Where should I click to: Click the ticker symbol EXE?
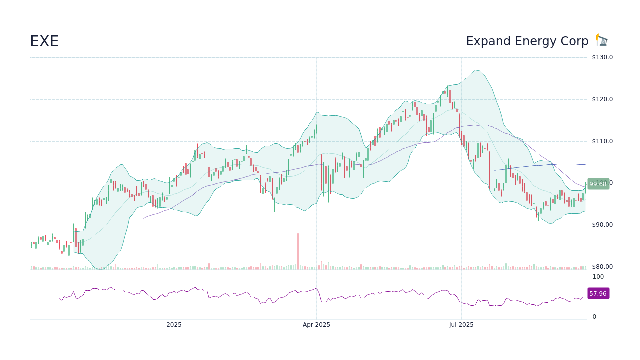pos(44,41)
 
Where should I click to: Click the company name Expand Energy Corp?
pos(527,41)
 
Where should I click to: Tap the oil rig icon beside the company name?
pos(601,40)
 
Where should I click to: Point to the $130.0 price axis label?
pos(602,57)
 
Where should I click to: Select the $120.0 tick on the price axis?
pos(602,99)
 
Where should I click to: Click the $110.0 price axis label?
pos(602,141)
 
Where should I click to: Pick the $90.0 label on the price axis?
pos(602,225)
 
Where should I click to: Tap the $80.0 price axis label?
pos(602,267)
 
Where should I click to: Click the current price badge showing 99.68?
pos(598,184)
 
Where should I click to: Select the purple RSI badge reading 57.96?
pos(598,293)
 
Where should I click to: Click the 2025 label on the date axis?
pos(174,325)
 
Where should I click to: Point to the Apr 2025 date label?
pos(316,325)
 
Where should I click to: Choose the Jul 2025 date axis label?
pos(461,325)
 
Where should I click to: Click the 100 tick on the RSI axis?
pos(598,277)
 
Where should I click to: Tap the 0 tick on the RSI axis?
pos(594,317)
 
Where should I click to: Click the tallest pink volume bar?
pos(298,251)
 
